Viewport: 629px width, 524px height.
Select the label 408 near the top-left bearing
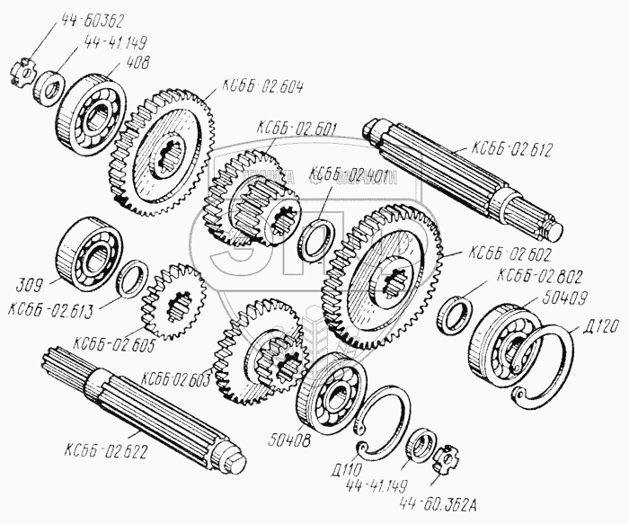[x=138, y=63]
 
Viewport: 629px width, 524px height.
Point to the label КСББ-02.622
[x=105, y=448]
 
